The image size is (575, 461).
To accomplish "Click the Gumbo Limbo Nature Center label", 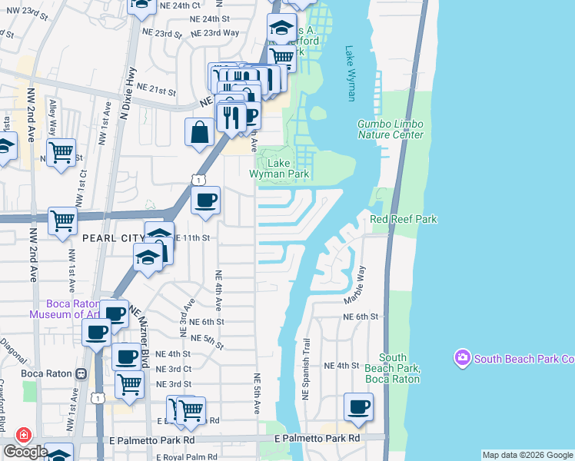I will tap(391, 129).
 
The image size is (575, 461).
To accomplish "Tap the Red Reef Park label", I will tap(404, 219).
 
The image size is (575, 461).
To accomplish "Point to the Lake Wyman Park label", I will tap(278, 168).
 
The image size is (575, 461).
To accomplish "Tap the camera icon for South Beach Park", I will tap(462, 358).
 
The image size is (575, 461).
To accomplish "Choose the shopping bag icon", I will tap(200, 131).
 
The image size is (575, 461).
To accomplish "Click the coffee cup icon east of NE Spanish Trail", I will tap(357, 406).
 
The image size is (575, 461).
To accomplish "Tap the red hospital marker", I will tap(24, 435).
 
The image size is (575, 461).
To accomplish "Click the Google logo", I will tap(25, 452).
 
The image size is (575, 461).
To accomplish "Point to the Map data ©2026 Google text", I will tap(527, 455).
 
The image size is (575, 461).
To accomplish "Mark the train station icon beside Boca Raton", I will tap(81, 373).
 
